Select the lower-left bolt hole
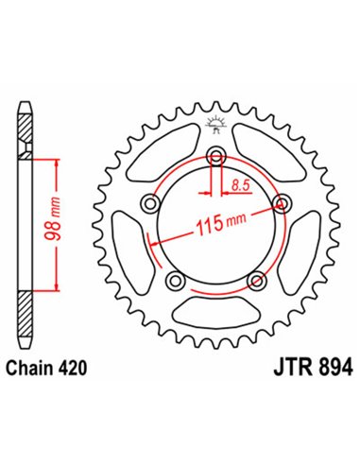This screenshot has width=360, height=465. pos(174,281)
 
